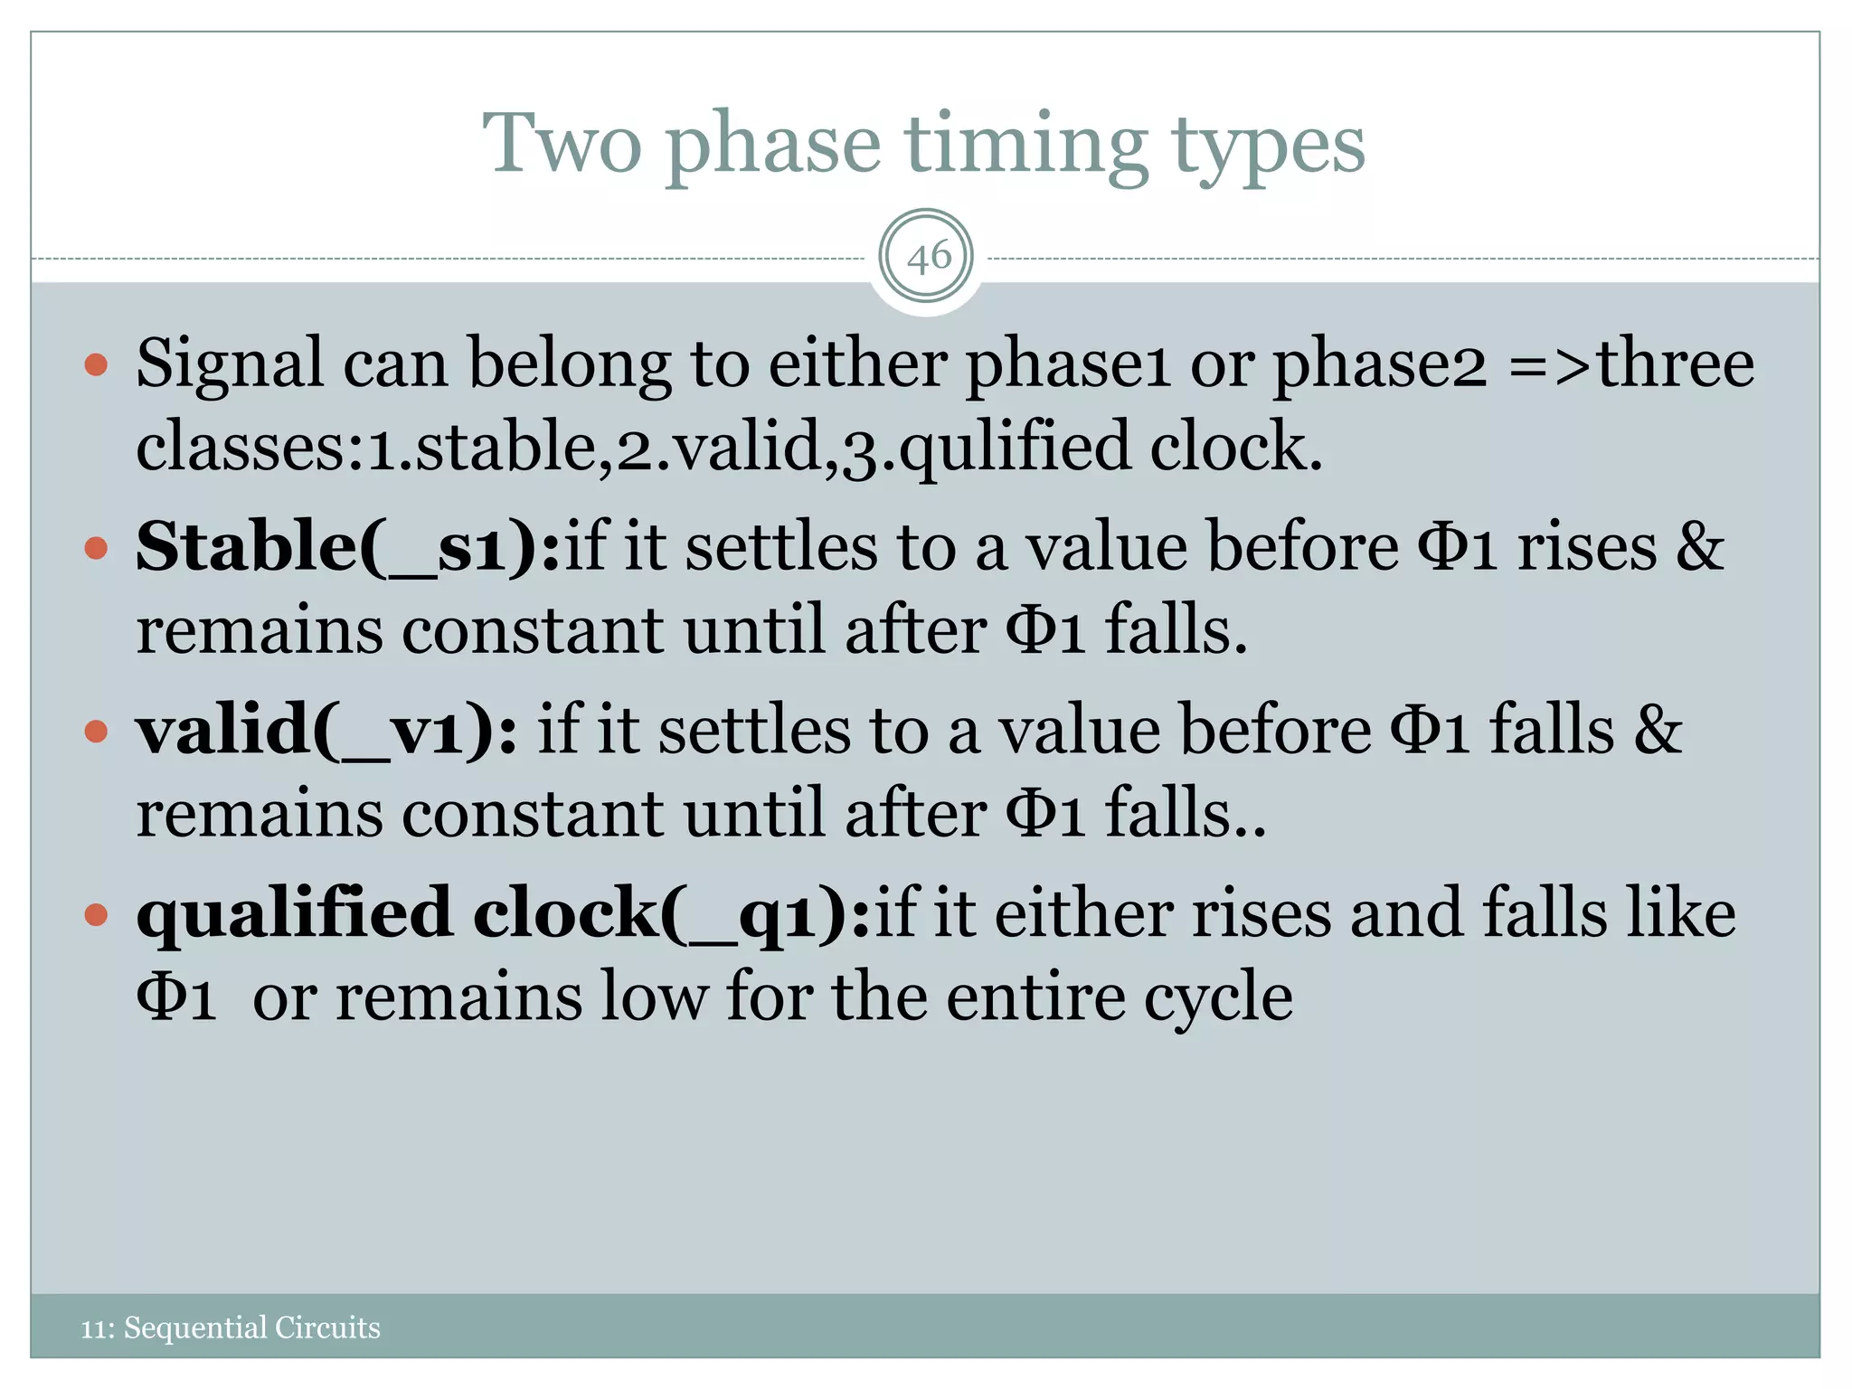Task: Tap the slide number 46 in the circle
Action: tap(927, 258)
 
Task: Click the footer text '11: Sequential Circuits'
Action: tap(231, 1328)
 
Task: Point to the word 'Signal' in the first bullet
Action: tap(230, 364)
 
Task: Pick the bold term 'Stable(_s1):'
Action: tap(348, 546)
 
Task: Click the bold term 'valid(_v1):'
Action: tap(326, 731)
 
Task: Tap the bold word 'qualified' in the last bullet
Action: tap(294, 913)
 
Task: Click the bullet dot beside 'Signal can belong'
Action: tap(96, 365)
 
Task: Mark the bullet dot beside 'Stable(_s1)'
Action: tap(96, 547)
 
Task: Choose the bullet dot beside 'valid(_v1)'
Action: tap(96, 731)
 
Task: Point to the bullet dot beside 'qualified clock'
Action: tap(96, 915)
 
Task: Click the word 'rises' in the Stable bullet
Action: tap(1586, 547)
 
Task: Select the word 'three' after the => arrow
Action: tap(1676, 364)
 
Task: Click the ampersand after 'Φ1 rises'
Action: tap(1699, 547)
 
